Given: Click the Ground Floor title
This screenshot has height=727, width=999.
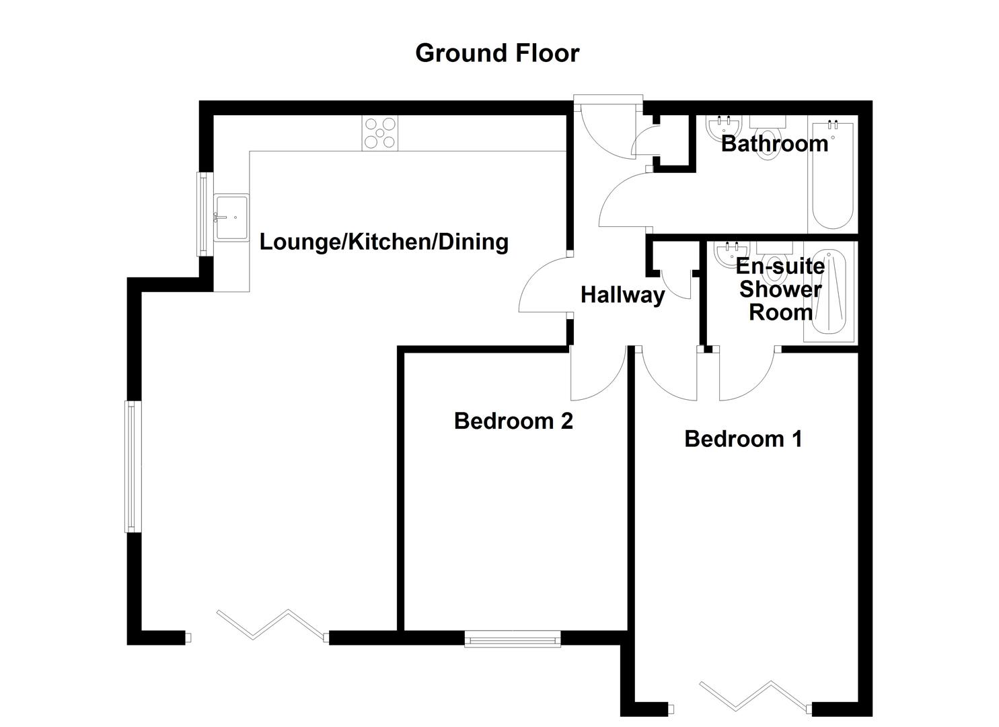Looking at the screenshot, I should [x=497, y=53].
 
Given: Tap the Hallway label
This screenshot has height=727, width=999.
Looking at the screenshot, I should [x=622, y=295].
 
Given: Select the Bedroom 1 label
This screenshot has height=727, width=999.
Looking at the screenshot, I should [x=743, y=439].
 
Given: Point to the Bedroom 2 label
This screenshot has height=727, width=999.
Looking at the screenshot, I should [x=513, y=421].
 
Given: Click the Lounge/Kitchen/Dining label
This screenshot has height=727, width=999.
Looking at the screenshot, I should [x=383, y=242].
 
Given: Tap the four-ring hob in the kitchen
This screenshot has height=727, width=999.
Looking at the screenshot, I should [x=381, y=133].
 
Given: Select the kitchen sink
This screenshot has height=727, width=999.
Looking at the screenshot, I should [x=231, y=217].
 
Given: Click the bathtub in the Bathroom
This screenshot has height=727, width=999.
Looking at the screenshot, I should [x=832, y=176].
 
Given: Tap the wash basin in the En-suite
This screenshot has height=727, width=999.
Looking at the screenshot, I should [x=729, y=254].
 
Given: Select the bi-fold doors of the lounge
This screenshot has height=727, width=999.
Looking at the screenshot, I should [x=272, y=625].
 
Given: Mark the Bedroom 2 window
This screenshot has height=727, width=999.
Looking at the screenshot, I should [x=513, y=638].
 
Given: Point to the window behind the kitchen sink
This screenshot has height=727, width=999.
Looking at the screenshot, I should [x=203, y=214].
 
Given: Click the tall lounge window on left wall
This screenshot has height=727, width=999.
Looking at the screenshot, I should [x=132, y=466].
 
